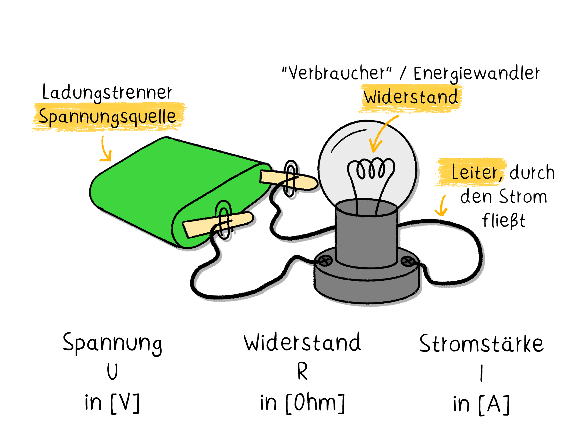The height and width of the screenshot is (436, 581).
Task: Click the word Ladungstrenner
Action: pos(107,92)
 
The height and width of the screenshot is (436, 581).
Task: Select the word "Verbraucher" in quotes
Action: pos(337,73)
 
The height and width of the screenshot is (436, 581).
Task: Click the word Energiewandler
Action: pos(476,73)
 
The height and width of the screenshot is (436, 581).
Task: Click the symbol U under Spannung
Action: pos(112,371)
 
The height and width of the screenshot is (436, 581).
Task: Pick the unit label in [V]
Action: pos(112,403)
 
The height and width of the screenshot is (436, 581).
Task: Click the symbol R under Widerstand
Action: pos(302,371)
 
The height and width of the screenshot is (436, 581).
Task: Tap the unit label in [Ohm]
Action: pos(302,403)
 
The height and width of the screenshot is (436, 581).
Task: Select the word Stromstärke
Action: pos(481,344)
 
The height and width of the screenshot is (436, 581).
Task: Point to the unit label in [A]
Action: pos(481,404)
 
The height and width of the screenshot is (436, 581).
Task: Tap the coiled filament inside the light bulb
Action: pos(371,169)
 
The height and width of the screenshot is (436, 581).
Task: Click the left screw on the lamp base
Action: pos(325,261)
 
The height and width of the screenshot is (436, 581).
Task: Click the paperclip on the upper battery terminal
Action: pos(290,178)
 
